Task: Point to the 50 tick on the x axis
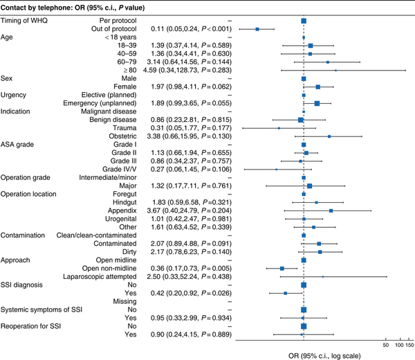[x=386, y=344]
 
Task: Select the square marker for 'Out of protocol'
[x=257, y=29]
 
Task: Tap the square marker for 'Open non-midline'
[x=282, y=267]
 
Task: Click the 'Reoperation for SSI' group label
[x=34, y=325]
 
